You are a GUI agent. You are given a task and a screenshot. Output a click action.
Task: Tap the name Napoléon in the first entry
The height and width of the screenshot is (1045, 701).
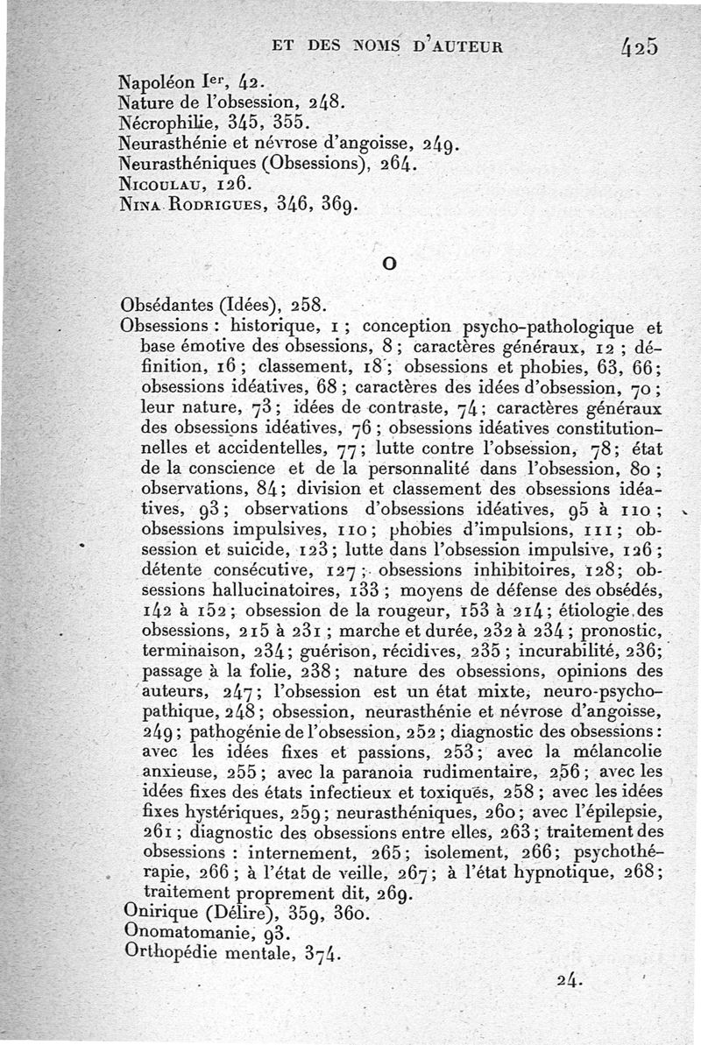click(159, 84)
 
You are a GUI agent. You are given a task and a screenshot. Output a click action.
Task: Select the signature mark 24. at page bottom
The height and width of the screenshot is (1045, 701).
click(570, 981)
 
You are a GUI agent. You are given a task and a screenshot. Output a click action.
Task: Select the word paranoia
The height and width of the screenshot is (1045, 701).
click(390, 772)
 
